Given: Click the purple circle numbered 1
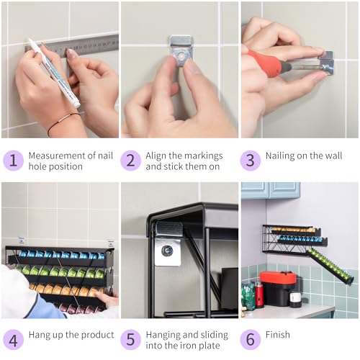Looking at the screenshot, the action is coord(13,161).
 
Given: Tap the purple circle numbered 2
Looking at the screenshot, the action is coord(130,161).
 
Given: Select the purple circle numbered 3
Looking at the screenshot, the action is coord(251,161).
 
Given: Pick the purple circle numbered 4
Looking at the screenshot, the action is coord(13,340).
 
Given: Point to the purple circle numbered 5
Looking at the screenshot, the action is coord(130,340).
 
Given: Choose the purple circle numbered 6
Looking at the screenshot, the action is coord(251,340).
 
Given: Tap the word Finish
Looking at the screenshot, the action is coord(278,335).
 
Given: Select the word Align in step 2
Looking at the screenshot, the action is coord(156,156).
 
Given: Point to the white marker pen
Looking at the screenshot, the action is coord(55,73).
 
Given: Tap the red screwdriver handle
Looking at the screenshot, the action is coord(264,64).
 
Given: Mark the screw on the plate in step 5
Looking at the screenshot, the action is coord(167,251).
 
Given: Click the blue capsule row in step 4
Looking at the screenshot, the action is coord(61,255).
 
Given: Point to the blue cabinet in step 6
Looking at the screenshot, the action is coord(271,190).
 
